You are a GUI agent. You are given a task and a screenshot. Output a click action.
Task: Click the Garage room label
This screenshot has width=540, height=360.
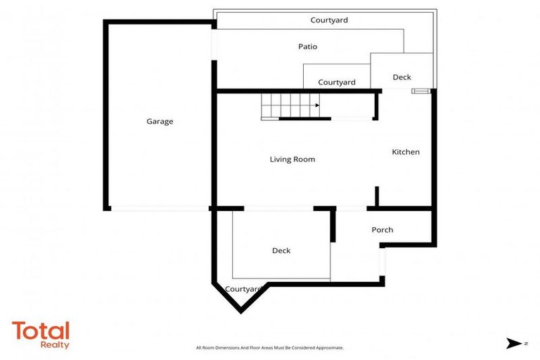point(160,122)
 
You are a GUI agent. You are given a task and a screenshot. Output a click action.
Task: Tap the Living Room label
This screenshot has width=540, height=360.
point(292,160)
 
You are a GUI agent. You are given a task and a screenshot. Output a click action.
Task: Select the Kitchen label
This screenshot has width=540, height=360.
point(406,152)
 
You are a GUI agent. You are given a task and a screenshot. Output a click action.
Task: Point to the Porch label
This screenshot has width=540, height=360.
point(382,230)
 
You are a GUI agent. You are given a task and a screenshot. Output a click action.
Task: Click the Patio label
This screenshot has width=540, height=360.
point(307,47)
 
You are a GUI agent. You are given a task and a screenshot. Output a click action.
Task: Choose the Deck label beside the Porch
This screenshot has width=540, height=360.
point(281,250)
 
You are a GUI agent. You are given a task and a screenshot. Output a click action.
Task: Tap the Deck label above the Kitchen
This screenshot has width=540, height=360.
point(402,77)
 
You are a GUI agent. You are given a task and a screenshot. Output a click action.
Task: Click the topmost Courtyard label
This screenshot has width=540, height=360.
point(329,20)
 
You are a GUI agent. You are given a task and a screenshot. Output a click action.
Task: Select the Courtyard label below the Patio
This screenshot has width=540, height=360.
point(337,82)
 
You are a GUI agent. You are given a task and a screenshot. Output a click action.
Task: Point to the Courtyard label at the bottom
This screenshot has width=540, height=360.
point(244,289)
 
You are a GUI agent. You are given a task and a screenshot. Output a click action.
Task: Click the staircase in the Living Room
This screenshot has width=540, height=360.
point(290,107)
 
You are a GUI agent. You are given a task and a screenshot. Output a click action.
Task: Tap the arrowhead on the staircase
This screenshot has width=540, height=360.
point(317,106)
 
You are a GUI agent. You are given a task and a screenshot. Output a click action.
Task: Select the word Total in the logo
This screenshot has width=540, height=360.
point(41,331)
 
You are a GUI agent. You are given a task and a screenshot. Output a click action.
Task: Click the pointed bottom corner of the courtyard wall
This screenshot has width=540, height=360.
point(241,310)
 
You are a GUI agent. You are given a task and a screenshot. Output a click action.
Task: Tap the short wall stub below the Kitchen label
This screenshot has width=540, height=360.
point(378,196)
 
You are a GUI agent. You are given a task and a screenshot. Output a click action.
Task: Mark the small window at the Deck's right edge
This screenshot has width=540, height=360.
point(420,91)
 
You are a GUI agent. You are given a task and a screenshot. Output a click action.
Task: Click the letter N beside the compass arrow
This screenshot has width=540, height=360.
point(525,344)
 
